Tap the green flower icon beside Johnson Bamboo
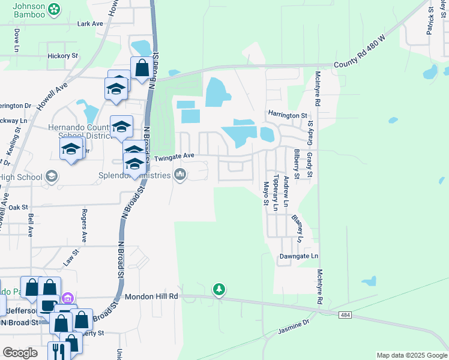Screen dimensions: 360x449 tap(54, 9)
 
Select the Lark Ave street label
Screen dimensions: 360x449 tap(90, 24)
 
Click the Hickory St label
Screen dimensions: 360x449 tap(63, 56)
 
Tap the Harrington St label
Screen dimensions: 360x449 tap(288, 115)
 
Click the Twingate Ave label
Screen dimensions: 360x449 tap(175, 156)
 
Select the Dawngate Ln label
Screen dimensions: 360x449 tap(298, 256)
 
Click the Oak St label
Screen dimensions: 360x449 tap(17, 207)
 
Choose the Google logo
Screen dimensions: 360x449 tap(20, 353)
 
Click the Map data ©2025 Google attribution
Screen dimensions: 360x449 tap(412, 355)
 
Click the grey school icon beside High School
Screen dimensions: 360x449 tap(52, 176)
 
